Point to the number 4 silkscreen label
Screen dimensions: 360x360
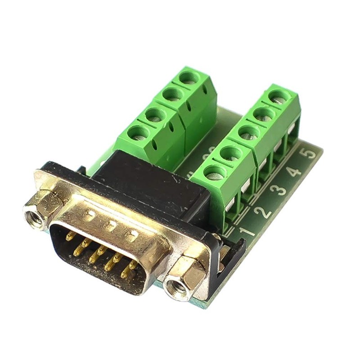[x=295, y=171]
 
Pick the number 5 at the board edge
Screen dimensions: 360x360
[x=310, y=153]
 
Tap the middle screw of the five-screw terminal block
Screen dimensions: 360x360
[x=249, y=133]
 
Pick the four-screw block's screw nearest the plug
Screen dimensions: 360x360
[x=139, y=133]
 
